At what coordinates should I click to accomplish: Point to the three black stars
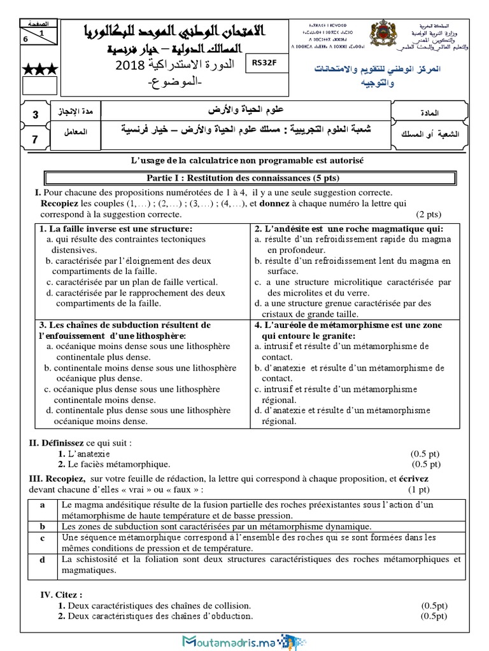tap(39, 68)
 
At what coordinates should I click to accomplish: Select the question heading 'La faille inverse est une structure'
tap(115, 229)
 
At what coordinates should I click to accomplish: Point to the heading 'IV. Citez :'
tap(61, 594)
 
